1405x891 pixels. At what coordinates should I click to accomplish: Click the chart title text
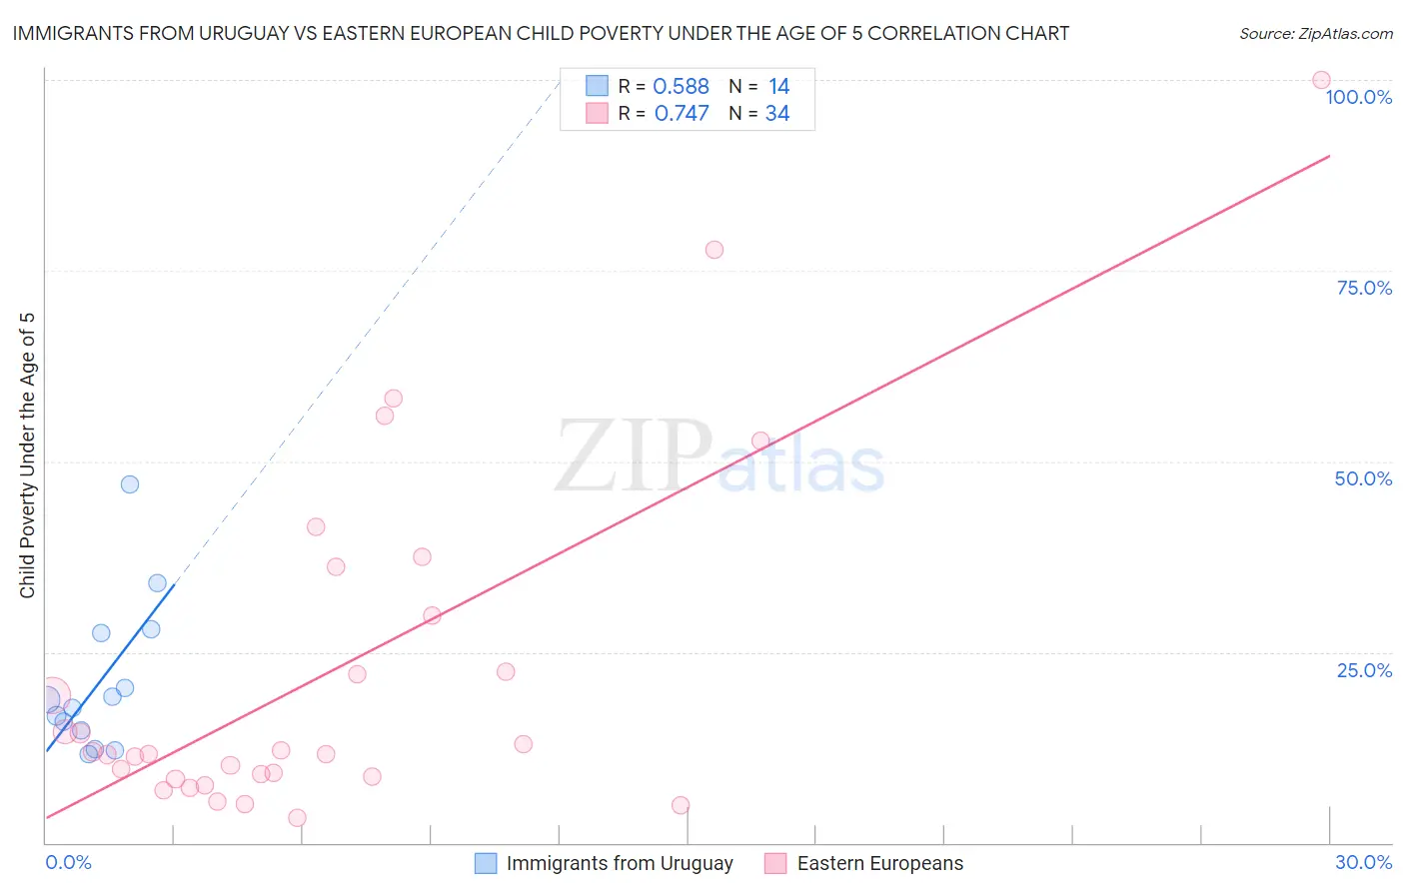coord(541,33)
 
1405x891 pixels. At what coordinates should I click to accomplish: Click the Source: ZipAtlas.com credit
coord(1315,33)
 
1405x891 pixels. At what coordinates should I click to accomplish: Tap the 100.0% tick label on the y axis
coord(1358,97)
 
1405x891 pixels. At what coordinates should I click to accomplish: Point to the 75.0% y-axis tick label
coord(1364,288)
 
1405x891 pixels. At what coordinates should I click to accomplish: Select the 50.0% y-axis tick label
coord(1363,478)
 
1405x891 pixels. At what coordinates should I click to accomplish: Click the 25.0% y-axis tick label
coord(1364,669)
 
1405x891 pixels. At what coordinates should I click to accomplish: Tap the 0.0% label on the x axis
coord(68,862)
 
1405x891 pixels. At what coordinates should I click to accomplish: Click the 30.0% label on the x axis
coord(1363,862)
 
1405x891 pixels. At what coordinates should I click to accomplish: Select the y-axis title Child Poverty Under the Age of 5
coord(27,455)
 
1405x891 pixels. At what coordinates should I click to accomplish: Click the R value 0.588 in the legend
coord(681,87)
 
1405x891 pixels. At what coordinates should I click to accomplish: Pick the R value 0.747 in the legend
coord(682,114)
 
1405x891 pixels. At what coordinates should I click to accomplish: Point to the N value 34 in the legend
coord(777,114)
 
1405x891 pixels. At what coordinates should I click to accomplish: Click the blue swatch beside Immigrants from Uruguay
coord(486,863)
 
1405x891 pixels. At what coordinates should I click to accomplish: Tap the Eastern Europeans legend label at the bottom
coord(879,863)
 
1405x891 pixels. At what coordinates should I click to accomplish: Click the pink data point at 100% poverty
coord(1321,80)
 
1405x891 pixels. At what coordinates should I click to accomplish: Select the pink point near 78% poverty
coord(713,250)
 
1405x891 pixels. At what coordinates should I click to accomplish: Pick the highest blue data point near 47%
coord(130,484)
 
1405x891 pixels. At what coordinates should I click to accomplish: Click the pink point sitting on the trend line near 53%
coord(760,441)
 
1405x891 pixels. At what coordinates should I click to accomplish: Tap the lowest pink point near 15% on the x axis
coord(681,805)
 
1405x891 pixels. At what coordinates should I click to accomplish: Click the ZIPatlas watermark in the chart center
coord(719,457)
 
